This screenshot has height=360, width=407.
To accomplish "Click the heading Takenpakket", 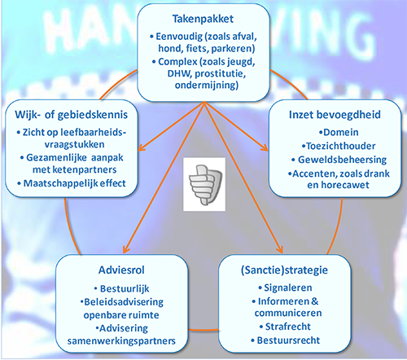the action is [x=203, y=19].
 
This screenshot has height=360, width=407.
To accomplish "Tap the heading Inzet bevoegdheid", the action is [x=335, y=115].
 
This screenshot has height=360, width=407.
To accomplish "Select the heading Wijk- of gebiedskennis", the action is [x=72, y=115].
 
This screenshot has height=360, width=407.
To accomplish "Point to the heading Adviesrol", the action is [x=121, y=270].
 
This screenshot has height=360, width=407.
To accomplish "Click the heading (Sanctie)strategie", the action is [x=284, y=270].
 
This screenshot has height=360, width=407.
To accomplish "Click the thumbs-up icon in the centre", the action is [x=204, y=184].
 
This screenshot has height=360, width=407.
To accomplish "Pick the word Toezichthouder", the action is [x=341, y=146].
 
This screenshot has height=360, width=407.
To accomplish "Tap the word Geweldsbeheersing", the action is [x=343, y=160].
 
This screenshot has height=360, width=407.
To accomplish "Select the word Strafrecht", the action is [x=288, y=327].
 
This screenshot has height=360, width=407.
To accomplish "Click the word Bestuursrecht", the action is [x=288, y=340].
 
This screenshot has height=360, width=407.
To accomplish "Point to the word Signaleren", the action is [x=288, y=288].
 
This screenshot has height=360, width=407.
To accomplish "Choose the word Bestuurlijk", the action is [x=125, y=288].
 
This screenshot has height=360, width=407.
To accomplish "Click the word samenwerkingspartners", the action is [x=121, y=341].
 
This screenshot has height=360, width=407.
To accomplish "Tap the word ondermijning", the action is [x=207, y=86].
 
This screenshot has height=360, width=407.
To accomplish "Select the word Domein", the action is [x=341, y=133].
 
